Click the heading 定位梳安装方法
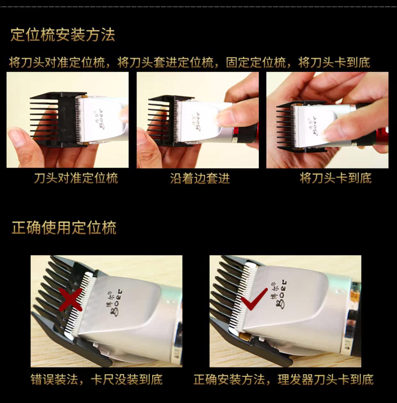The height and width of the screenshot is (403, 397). point(63,35)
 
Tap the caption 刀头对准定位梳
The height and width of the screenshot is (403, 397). point(76,178)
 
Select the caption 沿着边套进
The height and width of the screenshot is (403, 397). point(200,178)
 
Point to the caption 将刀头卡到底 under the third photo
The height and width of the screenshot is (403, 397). point(336,178)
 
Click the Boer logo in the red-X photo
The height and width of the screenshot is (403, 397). point(116,302)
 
